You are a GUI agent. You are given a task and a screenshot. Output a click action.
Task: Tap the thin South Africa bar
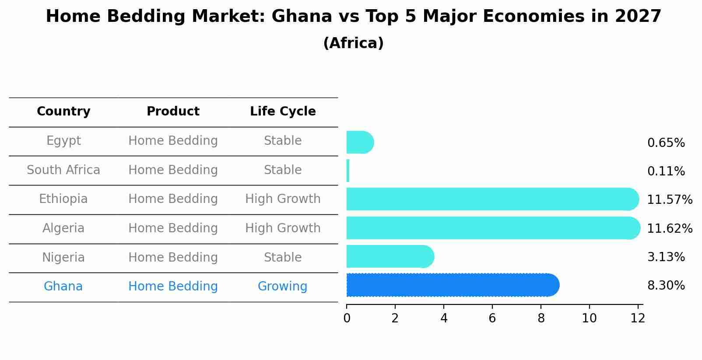point(348,171)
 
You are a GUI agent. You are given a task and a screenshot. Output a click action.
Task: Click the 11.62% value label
point(670,229)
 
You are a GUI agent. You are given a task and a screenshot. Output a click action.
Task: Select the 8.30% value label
point(666,286)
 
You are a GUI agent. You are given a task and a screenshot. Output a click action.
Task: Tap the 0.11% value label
point(666,171)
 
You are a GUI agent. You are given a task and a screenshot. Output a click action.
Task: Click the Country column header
point(63,112)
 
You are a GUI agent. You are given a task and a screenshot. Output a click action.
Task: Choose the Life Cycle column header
point(283,112)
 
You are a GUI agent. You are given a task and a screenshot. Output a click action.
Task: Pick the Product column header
point(173,112)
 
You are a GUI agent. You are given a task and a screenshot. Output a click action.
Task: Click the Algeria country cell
point(63,228)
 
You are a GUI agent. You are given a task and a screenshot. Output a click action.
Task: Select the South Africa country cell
point(63,170)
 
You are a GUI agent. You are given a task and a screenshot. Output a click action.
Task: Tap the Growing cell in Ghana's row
point(282,287)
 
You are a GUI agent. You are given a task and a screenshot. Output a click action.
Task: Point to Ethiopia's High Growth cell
point(283,199)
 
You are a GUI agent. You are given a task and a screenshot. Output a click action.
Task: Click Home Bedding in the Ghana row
point(173,287)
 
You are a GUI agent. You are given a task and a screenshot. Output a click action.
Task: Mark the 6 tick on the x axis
point(492,318)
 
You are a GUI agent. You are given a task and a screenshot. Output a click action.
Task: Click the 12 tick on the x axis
point(638,318)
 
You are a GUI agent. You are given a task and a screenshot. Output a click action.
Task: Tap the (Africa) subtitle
point(353,43)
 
